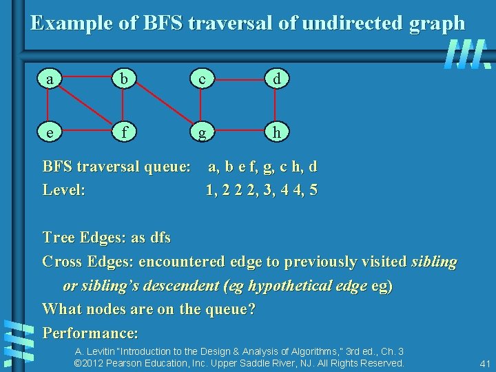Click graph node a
pos(48,80)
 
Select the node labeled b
pos(124,80)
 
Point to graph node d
pos(276,80)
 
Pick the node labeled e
pos(48,132)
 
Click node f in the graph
pos(124,132)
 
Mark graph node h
pos(276,132)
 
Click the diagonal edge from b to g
pos(162,105)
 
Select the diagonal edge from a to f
pos(86,105)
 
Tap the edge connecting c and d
pos(238,80)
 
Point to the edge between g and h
pos(238,132)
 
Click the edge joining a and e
pos(48,105)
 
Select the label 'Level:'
pos(64,189)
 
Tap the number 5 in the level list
pos(313,189)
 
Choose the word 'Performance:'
pos(90,333)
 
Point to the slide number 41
pos(484,363)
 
